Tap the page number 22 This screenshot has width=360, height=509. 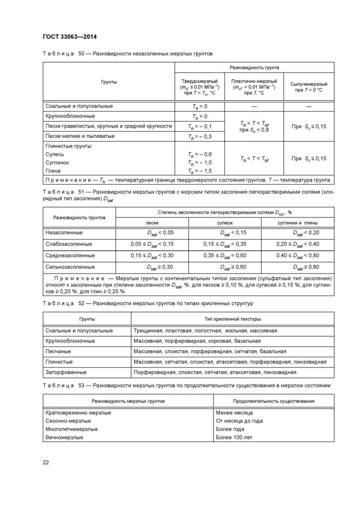click(45, 462)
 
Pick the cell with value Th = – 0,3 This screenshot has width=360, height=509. click(200, 137)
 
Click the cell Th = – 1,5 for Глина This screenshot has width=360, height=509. click(200, 171)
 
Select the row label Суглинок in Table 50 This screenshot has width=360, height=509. click(57, 162)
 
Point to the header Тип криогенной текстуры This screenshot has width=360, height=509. click(225, 319)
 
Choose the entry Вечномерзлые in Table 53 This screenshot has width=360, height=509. click(65, 437)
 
